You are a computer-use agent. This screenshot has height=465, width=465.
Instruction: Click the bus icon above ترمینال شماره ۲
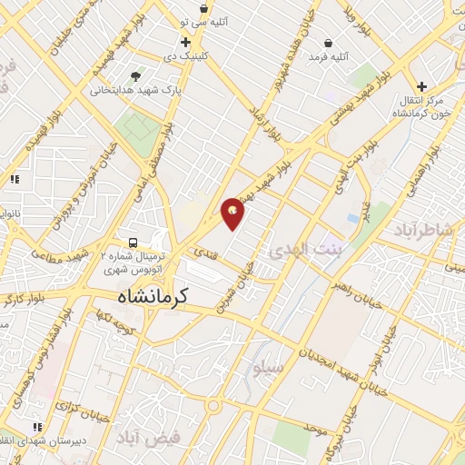[x=134, y=242]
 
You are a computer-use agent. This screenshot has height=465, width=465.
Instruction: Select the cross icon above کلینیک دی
[x=186, y=42]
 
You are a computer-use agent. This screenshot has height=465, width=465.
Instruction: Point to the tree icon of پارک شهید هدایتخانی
[x=136, y=76]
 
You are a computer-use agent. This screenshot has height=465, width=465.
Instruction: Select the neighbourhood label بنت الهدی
[x=303, y=249]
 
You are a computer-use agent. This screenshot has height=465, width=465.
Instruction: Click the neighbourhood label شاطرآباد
[x=422, y=231]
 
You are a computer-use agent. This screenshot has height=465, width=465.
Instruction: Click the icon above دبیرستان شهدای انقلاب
[x=37, y=426]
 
